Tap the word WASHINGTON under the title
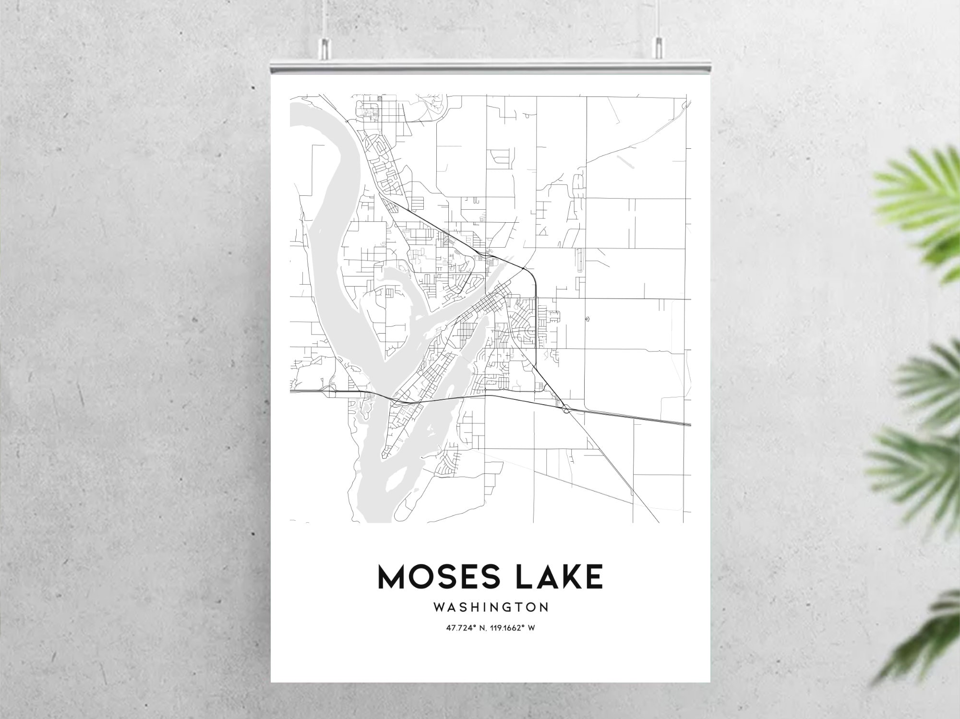[x=491, y=608]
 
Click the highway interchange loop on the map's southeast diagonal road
[x=567, y=409]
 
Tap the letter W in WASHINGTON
[x=440, y=608]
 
